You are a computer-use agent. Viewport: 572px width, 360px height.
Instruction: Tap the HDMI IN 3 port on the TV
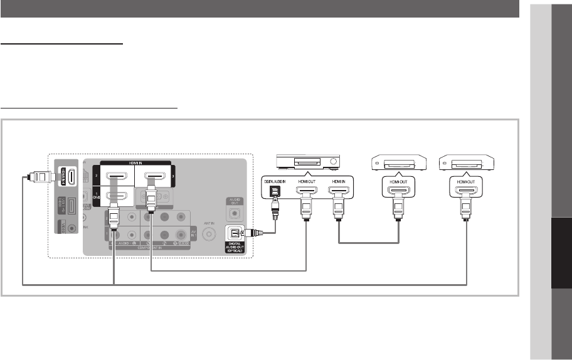click(x=152, y=176)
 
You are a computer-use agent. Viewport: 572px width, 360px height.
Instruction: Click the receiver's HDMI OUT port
click(x=307, y=193)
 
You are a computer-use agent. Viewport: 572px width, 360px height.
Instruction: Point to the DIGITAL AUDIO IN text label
click(x=273, y=180)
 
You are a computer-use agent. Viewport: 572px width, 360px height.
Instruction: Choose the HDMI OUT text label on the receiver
click(x=307, y=180)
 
